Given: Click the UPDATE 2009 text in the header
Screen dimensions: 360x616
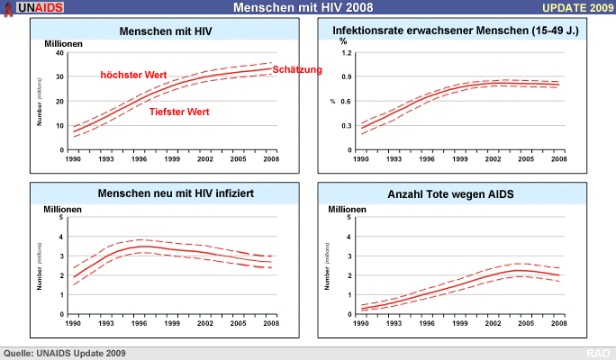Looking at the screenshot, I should point(577,8).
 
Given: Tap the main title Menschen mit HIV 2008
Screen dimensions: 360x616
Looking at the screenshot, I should point(306,8).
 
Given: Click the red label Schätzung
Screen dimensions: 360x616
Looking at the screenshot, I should point(296,69).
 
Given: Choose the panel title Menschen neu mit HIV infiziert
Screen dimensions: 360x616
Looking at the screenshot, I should point(166,193).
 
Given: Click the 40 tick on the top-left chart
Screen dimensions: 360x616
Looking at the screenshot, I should point(59,53).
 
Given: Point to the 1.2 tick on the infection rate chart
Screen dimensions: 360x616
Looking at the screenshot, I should point(344,53).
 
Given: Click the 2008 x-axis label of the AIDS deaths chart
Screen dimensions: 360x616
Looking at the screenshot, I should point(559,322).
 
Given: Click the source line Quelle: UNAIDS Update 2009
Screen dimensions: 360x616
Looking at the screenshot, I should point(65,353).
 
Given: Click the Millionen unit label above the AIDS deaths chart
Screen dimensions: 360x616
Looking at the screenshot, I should point(347,208).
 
